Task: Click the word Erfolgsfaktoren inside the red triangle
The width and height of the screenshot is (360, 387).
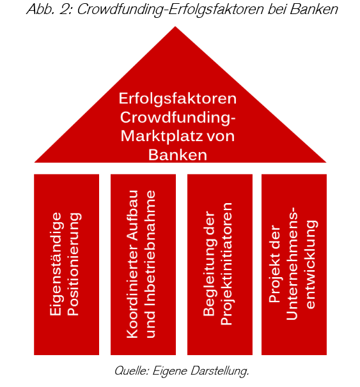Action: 177,99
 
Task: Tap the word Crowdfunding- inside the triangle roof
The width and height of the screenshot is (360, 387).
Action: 177,118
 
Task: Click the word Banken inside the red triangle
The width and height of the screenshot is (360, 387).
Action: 177,155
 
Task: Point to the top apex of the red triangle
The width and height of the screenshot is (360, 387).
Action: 175,26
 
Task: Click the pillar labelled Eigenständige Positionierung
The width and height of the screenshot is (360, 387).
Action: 67,264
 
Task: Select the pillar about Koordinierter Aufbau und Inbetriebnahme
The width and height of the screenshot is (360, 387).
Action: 143,264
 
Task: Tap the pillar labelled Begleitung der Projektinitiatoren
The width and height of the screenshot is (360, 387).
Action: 220,264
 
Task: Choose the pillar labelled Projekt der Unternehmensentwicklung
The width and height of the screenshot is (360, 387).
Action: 294,264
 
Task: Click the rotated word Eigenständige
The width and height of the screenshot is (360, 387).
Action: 57,264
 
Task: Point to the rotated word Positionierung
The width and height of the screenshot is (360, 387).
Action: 75,264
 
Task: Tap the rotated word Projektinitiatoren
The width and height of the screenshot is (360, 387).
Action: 227,264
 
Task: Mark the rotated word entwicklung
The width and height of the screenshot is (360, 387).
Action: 311,264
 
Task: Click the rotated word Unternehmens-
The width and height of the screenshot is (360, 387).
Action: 292,264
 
